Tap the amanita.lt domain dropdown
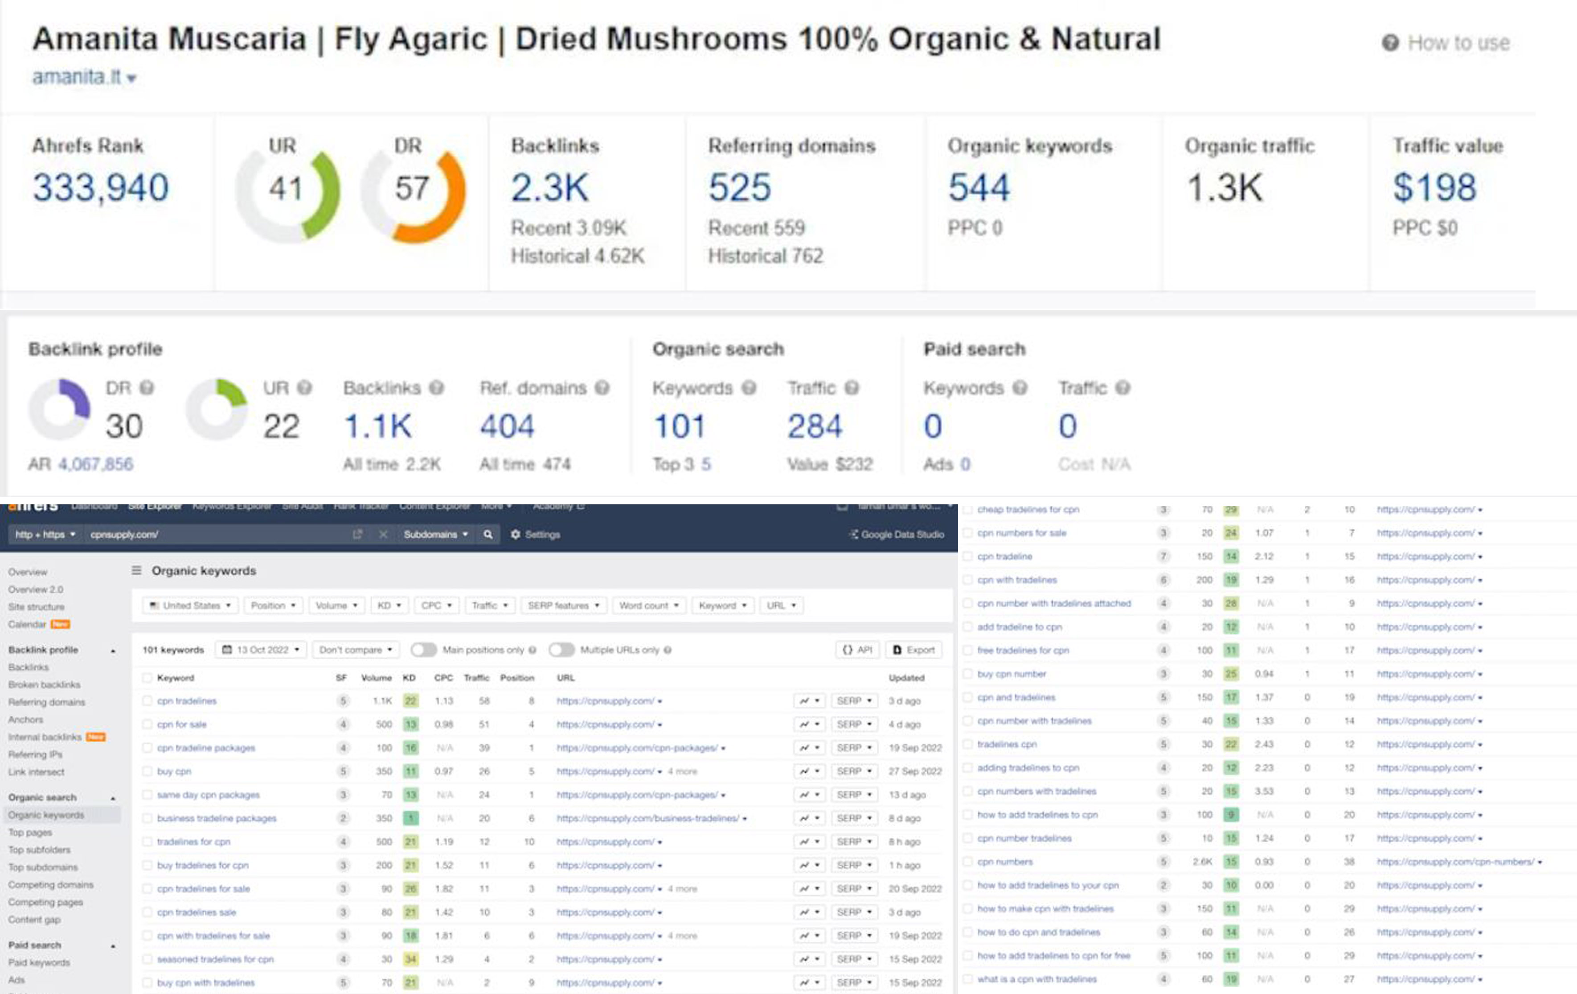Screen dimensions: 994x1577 click(x=84, y=77)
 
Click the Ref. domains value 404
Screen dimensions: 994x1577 click(x=507, y=427)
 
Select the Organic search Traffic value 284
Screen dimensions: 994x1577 click(x=814, y=427)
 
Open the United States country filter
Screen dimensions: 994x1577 click(x=190, y=606)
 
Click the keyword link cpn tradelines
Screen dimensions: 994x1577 click(x=187, y=701)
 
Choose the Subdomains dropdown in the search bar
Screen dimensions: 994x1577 click(x=435, y=534)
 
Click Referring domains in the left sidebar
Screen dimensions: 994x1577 click(x=46, y=702)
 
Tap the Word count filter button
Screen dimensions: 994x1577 click(x=648, y=606)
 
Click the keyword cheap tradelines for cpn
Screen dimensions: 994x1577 click(x=1028, y=509)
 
